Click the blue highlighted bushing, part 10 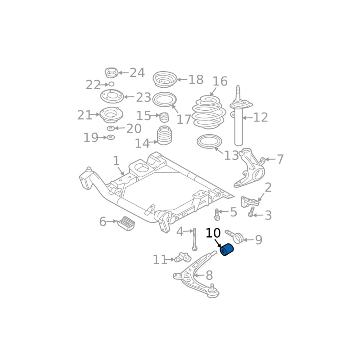pyautogui.click(x=227, y=249)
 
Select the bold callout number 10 pyautogui.click(x=213, y=234)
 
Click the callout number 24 pyautogui.click(x=137, y=72)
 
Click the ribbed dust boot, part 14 pyautogui.click(x=164, y=136)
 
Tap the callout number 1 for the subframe pyautogui.click(x=116, y=161)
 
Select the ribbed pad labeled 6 pyautogui.click(x=127, y=225)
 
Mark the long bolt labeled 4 pyautogui.click(x=195, y=239)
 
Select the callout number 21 pyautogui.click(x=84, y=115)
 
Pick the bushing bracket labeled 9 pyautogui.click(x=237, y=237)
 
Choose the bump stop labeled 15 pyautogui.click(x=164, y=117)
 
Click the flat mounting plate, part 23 pyautogui.click(x=112, y=96)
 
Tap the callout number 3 pyautogui.click(x=268, y=216)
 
